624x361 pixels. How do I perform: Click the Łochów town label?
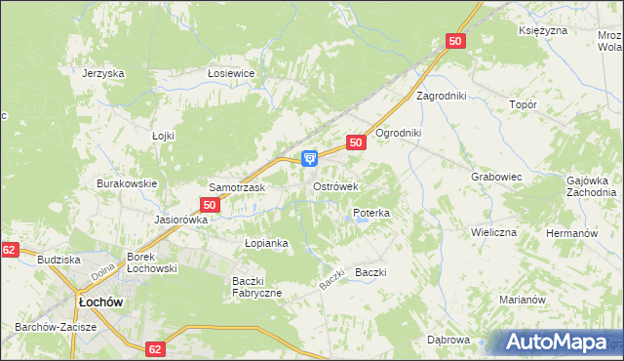pyautogui.click(x=98, y=302)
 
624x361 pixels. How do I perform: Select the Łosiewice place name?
pyautogui.click(x=231, y=73)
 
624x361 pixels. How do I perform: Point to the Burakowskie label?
pyautogui.click(x=127, y=183)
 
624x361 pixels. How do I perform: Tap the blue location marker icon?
pyautogui.click(x=310, y=157)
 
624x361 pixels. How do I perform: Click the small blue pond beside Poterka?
pyautogui.click(x=362, y=221)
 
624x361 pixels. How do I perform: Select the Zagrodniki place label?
pyautogui.click(x=442, y=96)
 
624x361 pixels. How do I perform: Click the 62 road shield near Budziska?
pyautogui.click(x=9, y=251)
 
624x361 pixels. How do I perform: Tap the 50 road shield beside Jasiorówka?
pyautogui.click(x=209, y=205)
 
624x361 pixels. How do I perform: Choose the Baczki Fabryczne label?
pyautogui.click(x=256, y=287)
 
